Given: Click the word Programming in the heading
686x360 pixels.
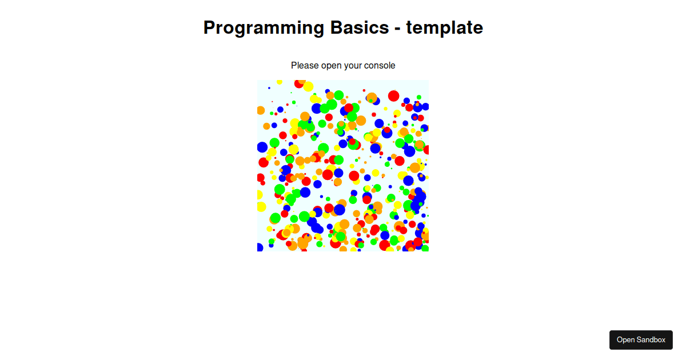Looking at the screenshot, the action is click(264, 28).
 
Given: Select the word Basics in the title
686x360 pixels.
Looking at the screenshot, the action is click(360, 27).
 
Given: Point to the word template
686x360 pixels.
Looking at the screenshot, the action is click(445, 28).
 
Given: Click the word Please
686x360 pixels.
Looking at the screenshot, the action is click(305, 66).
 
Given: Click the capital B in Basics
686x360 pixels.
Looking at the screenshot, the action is click(336, 27).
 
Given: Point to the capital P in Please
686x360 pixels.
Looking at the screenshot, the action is click(294, 65).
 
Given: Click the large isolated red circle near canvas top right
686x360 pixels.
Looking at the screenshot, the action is click(393, 96).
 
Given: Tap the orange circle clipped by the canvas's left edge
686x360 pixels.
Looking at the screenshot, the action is click(260, 110).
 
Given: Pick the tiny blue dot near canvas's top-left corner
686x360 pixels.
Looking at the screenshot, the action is click(269, 88).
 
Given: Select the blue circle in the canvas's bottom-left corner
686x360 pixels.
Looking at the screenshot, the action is click(260, 247).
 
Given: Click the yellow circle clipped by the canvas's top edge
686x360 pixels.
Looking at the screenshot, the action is click(280, 82).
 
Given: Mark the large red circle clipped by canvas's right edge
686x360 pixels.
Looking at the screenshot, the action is click(426, 150).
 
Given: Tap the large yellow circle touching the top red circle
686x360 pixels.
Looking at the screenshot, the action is click(308, 86).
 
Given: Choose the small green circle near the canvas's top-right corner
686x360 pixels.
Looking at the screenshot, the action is click(418, 97).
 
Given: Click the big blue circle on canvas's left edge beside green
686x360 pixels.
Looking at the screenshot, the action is click(262, 147).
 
